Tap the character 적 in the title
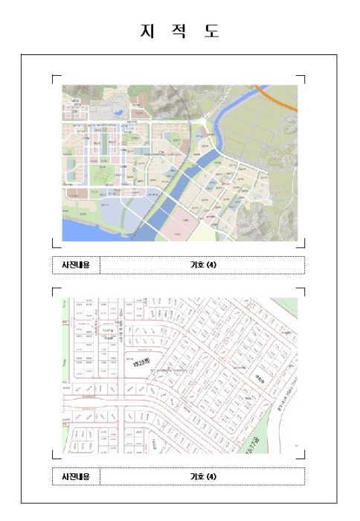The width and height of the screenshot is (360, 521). pos(179,31)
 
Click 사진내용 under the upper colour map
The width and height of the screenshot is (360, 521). pos(76,265)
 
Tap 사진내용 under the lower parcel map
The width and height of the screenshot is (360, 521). pos(76,476)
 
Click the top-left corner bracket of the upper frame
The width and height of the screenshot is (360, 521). pos(55,77)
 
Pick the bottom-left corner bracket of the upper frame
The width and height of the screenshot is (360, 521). pos(55,245)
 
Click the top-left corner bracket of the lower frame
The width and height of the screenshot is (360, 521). pos(55,290)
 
